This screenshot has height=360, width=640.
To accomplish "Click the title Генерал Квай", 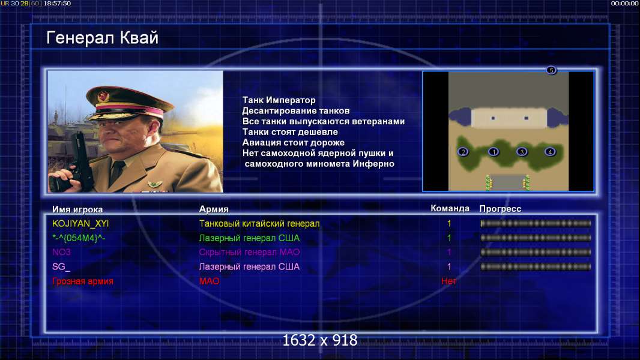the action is click(102, 38).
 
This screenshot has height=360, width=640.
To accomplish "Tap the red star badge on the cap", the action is click(104, 96).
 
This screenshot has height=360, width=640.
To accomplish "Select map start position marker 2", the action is click(463, 152).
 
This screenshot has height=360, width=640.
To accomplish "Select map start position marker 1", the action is click(494, 152).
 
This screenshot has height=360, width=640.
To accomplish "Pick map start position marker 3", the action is click(522, 152).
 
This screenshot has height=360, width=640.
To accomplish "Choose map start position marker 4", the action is click(550, 152).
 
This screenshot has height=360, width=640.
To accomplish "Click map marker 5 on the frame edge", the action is click(551, 70).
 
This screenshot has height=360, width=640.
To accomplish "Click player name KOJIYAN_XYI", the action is click(80, 223).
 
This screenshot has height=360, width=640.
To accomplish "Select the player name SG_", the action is click(61, 266).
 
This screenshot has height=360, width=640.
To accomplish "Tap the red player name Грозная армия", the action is click(83, 281).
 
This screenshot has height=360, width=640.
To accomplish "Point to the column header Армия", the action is click(214, 209).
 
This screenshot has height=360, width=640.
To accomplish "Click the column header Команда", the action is click(450, 208).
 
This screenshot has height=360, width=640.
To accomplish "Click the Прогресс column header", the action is click(500, 209).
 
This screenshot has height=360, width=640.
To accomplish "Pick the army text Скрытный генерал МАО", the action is click(249, 253).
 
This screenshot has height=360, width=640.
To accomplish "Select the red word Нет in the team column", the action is click(449, 281).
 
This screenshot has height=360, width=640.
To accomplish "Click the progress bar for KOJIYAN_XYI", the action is click(536, 223).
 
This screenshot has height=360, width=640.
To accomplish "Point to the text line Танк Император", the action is click(279, 100).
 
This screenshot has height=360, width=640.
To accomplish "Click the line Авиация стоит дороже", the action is click(294, 143).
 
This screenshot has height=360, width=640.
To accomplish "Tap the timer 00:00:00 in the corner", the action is click(624, 3).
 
